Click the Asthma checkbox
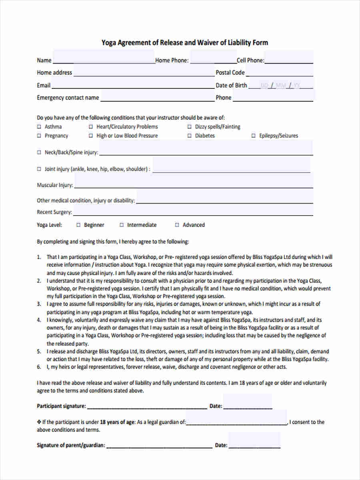[x=39, y=127]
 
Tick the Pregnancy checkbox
[x=39, y=136]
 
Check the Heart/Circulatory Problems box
[x=91, y=127]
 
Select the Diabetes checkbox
[x=190, y=136]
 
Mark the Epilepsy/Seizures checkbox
[x=254, y=136]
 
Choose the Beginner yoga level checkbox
[x=78, y=225]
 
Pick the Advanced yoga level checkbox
[x=177, y=225]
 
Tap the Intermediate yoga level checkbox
[x=122, y=225]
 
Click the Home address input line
[x=144, y=73]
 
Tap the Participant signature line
[x=147, y=406]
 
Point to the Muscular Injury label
[x=55, y=186]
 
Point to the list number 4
[x=39, y=320]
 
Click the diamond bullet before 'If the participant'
[x=39, y=422]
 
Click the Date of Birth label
[x=231, y=85]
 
